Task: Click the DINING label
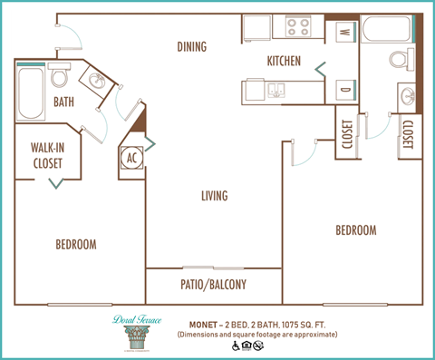191,47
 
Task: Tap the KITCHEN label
285,61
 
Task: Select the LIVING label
215,196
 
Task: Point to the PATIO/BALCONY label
214,285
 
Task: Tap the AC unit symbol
130,156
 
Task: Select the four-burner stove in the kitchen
299,27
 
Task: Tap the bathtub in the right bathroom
387,31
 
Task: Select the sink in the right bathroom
405,94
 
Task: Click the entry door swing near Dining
71,34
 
